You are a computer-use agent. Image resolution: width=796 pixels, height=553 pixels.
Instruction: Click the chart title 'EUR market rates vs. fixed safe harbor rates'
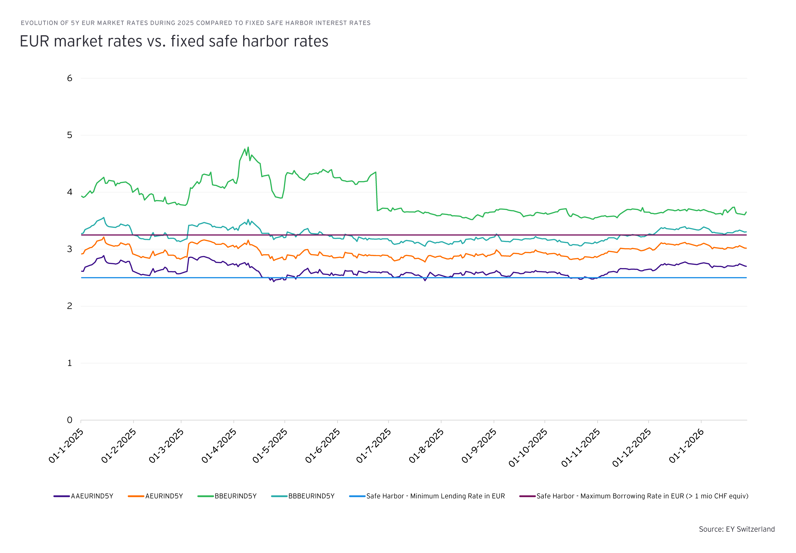[x=174, y=41]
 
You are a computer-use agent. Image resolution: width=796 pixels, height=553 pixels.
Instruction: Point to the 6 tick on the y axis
[x=70, y=78]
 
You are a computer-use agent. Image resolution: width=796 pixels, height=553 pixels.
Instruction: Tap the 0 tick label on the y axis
[x=70, y=420]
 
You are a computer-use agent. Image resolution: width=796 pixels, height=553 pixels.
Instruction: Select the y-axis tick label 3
[x=70, y=249]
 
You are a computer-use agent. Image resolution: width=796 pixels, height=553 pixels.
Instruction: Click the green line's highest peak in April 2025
[x=248, y=147]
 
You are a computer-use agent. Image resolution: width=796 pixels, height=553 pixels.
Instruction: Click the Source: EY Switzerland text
[x=737, y=529]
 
